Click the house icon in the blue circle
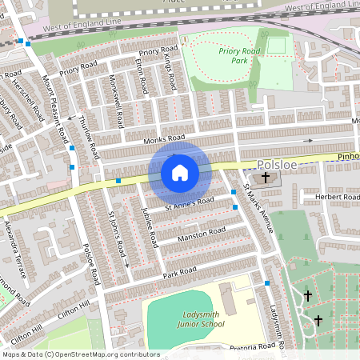pos(180,172)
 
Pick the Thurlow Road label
pos(90,136)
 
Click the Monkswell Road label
pos(116,106)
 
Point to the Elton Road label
pos(141,74)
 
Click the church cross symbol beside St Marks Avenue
pos(265,177)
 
